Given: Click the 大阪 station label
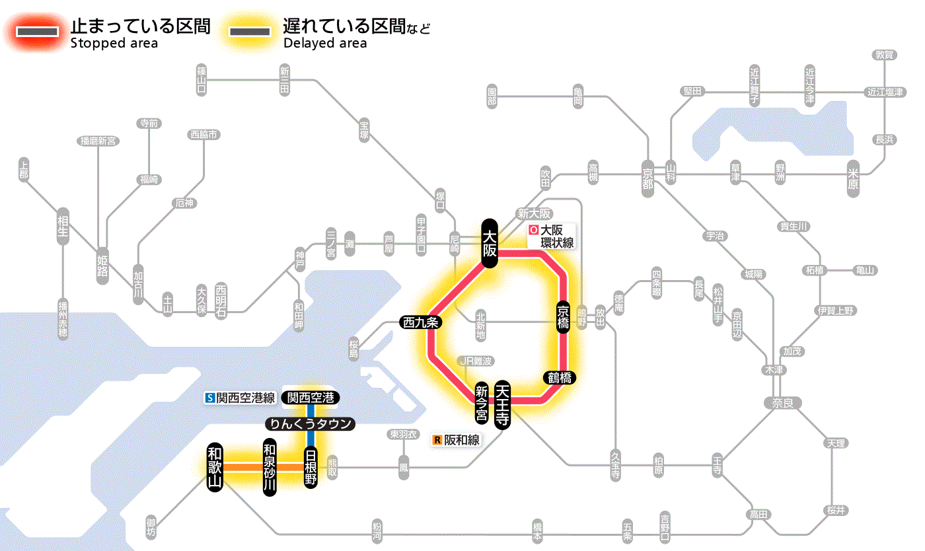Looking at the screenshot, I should pyautogui.click(x=489, y=243).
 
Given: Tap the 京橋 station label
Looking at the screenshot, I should pyautogui.click(x=563, y=318).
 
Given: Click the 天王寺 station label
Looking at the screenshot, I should pyautogui.click(x=503, y=405).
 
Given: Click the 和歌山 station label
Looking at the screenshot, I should pyautogui.click(x=215, y=466).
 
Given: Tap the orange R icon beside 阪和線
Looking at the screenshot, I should pyautogui.click(x=437, y=439).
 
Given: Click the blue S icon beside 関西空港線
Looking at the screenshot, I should pyautogui.click(x=211, y=398).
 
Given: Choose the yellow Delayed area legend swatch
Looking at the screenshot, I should pyautogui.click(x=249, y=31).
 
